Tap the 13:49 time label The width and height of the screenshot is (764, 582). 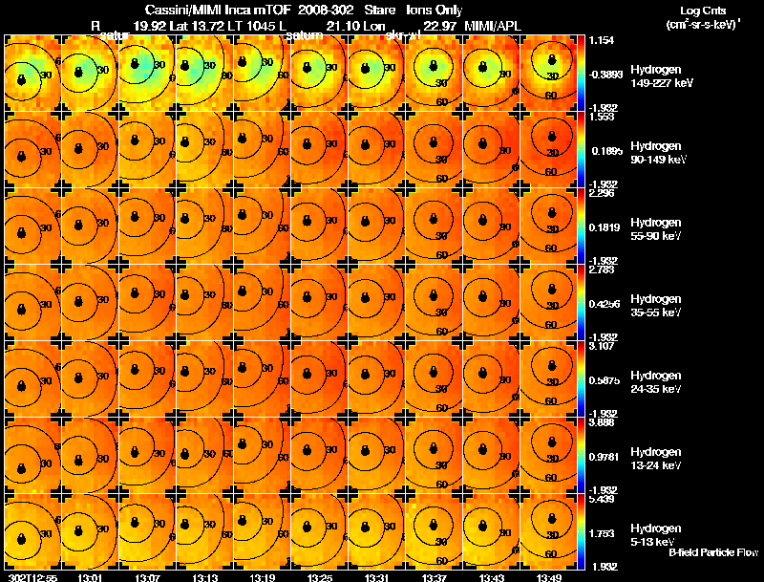coord(548,577)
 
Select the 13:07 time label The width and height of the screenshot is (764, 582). coord(148,577)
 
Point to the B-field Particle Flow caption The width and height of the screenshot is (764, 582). coord(713,552)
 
